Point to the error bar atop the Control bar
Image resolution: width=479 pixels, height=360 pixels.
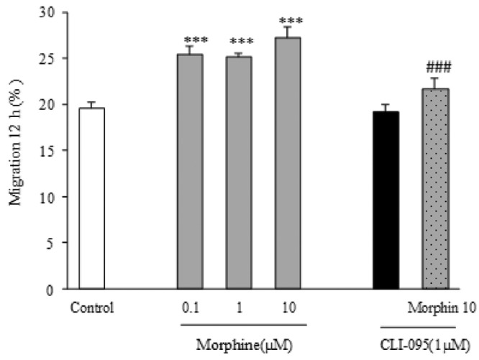pyautogui.click(x=92, y=104)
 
